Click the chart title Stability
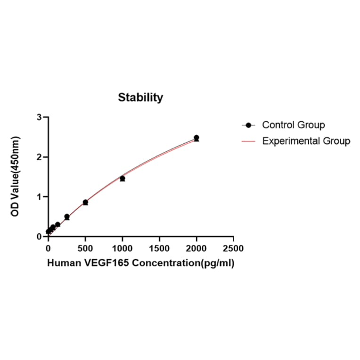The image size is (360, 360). (x=140, y=98)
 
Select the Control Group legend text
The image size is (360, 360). (x=293, y=125)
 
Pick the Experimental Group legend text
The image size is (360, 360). (x=306, y=140)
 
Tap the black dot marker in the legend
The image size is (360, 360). (x=248, y=125)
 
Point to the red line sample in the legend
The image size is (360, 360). (x=248, y=140)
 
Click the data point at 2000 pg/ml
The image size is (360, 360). (x=196, y=138)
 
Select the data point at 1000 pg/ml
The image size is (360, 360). (x=122, y=179)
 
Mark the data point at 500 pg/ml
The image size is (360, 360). (x=85, y=202)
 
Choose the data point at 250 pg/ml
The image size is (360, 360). (x=67, y=217)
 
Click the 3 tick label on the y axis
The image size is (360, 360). (x=40, y=117)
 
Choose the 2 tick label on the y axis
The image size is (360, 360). (x=40, y=157)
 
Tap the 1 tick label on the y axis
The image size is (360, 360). (x=40, y=196)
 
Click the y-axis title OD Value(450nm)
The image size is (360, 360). (x=16, y=177)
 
